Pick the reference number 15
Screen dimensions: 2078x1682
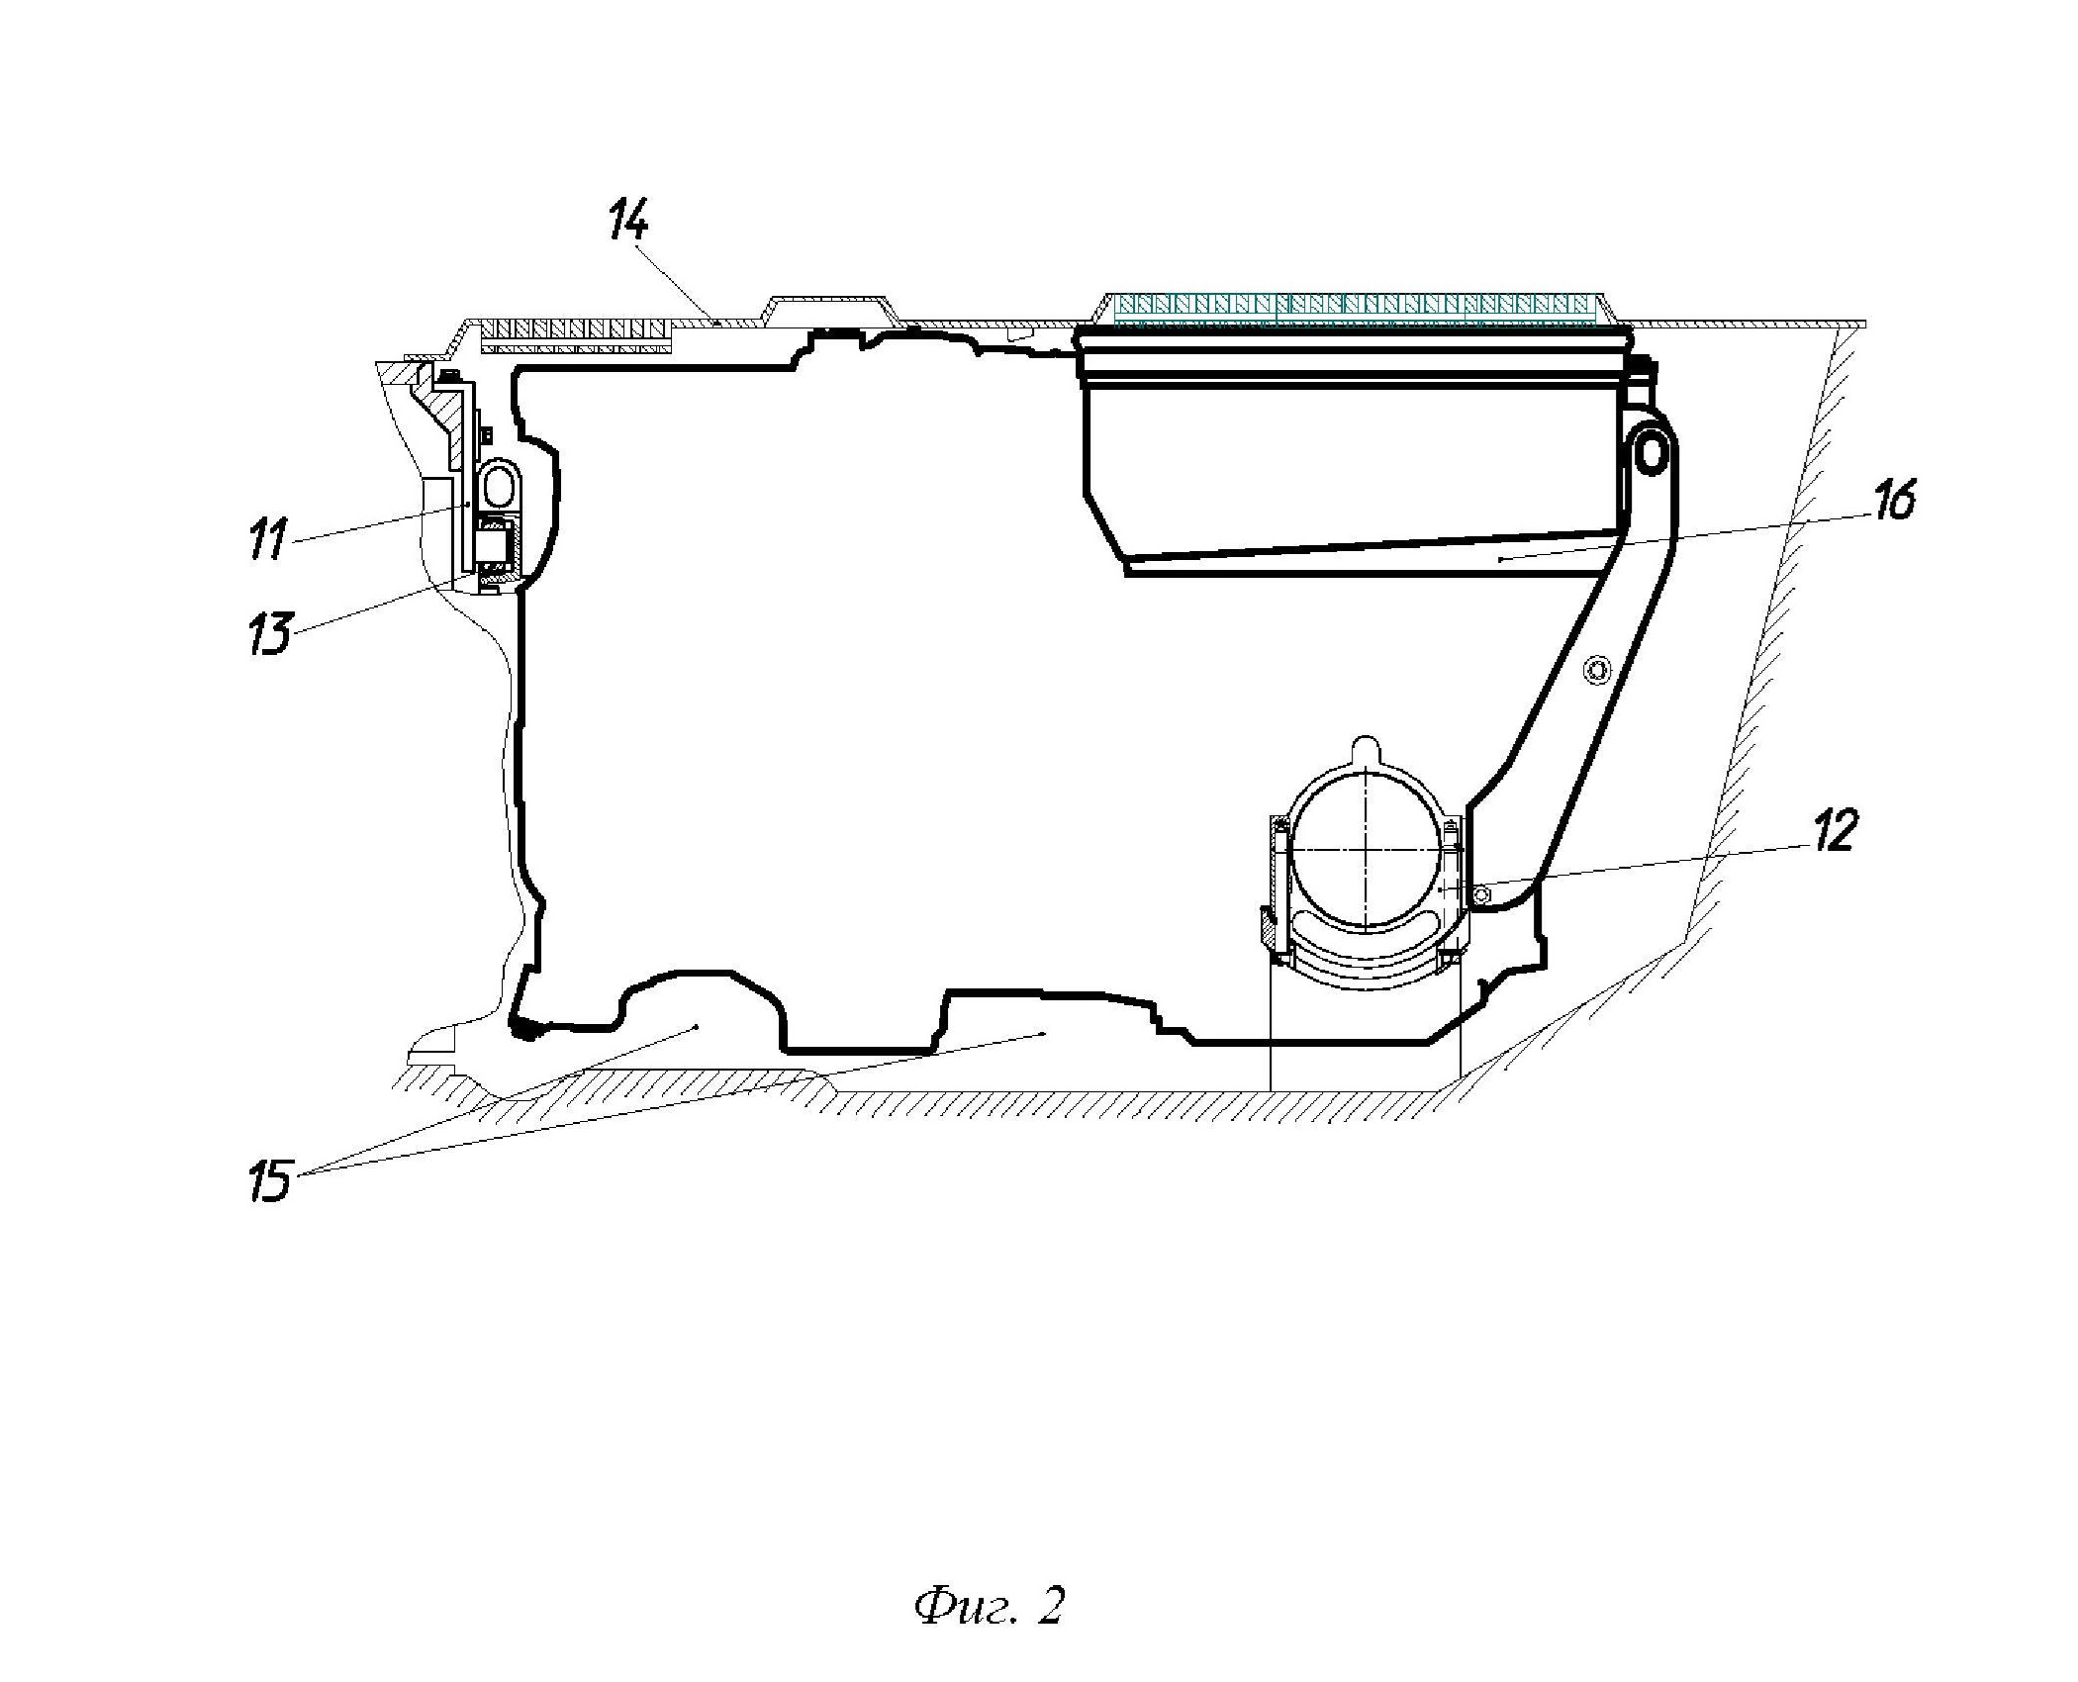click(x=270, y=1181)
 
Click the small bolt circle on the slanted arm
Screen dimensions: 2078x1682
click(x=1594, y=671)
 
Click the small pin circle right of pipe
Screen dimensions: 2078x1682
click(x=1480, y=894)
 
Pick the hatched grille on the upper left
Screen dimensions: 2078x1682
click(x=576, y=334)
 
